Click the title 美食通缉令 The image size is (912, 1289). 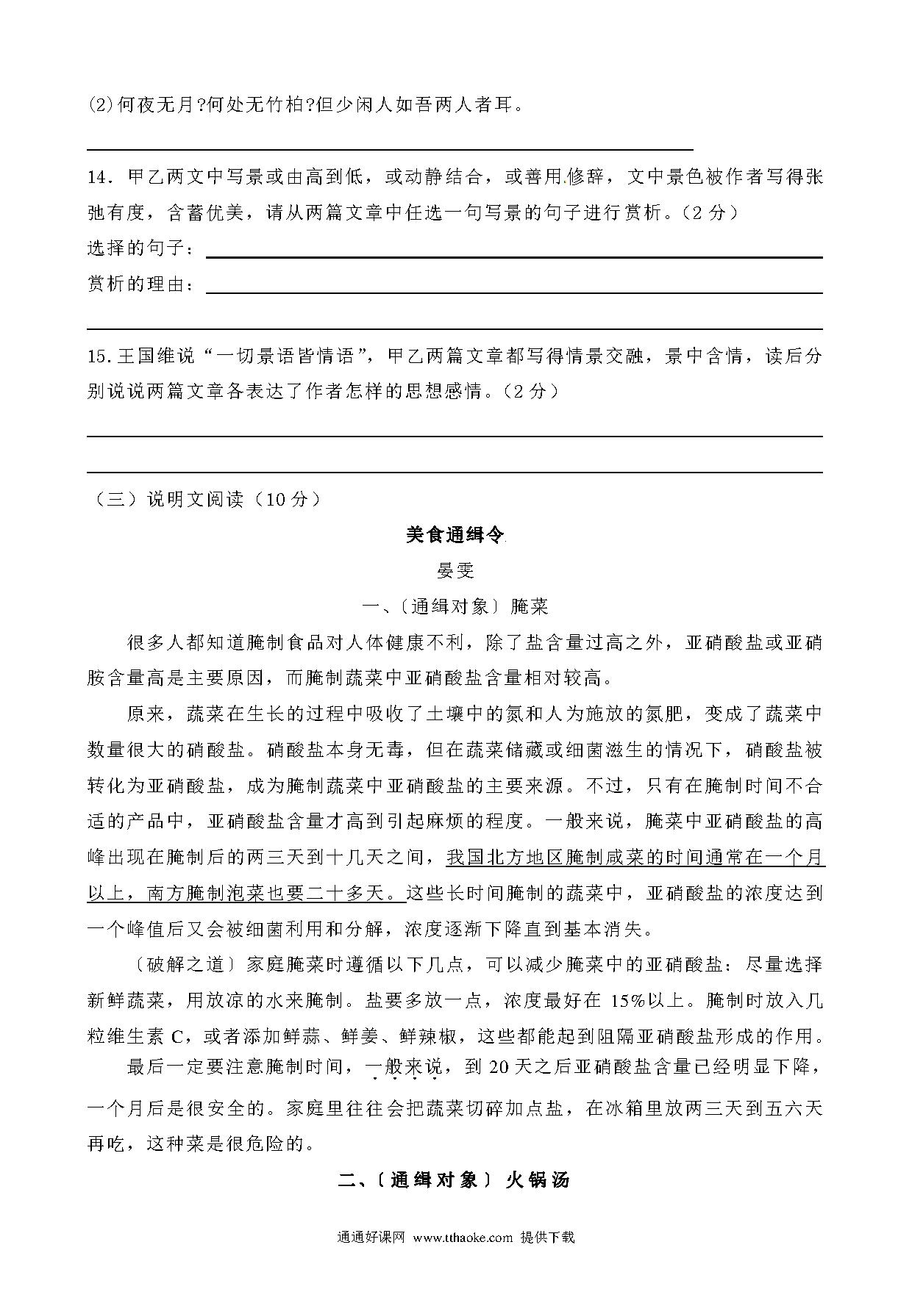click(x=455, y=535)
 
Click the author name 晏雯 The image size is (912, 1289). click(x=455, y=570)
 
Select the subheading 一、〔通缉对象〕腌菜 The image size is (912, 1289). click(x=455, y=606)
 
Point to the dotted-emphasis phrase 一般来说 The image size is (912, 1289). click(x=405, y=1066)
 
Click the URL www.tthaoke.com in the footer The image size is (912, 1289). click(x=463, y=1238)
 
